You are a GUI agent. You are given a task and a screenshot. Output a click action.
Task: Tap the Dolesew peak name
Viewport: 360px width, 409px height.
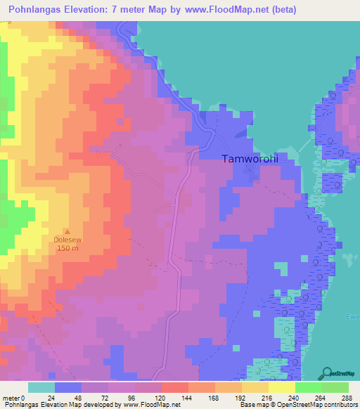(x=68, y=240)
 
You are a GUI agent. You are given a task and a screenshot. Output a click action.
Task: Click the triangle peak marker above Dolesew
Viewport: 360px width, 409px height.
(x=68, y=231)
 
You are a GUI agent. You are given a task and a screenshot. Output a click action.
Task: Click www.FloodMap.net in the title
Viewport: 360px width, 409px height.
(x=228, y=10)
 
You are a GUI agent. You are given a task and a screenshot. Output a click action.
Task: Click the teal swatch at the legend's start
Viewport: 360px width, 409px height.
(x=41, y=387)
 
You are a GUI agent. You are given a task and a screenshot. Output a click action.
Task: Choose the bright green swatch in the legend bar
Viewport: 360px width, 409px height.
(x=308, y=387)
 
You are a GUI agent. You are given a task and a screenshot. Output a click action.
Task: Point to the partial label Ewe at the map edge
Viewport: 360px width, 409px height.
(x=354, y=317)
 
